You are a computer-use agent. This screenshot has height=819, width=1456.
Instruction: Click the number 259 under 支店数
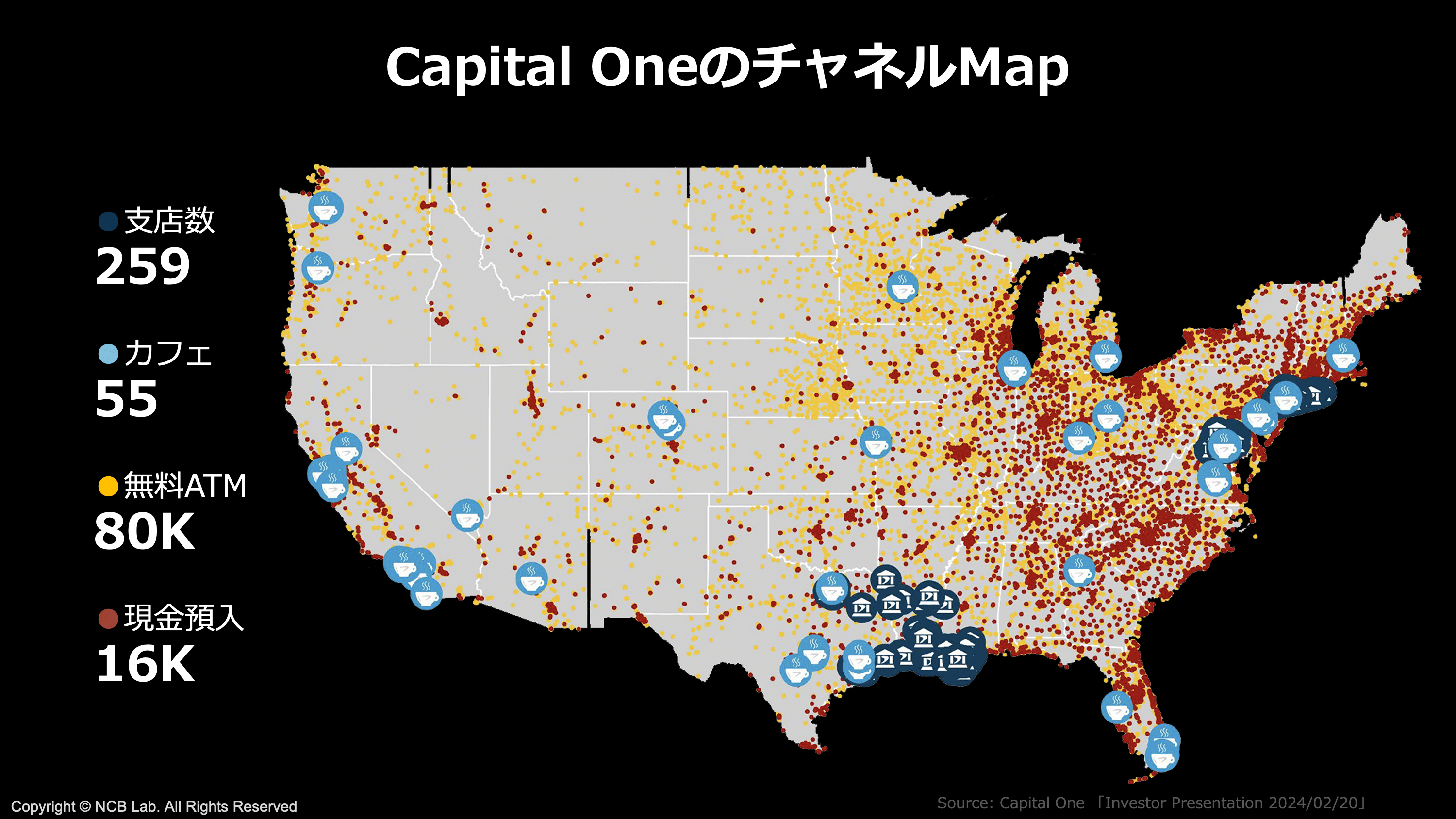[x=142, y=266]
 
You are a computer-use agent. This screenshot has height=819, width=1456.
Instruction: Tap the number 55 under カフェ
[x=126, y=399]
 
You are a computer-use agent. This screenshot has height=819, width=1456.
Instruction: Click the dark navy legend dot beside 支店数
[x=108, y=221]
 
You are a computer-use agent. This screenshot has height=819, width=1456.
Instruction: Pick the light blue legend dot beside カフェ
[x=108, y=354]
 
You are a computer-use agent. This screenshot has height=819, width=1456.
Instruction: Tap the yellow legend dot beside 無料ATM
[x=108, y=486]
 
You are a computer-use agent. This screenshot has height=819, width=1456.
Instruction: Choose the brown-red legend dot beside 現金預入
[x=108, y=618]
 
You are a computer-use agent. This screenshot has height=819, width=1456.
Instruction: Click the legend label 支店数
[x=169, y=220]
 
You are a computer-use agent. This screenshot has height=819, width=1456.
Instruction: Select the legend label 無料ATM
[x=185, y=486]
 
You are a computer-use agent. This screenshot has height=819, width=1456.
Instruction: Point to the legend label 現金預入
[x=183, y=618]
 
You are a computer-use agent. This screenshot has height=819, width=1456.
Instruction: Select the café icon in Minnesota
[x=902, y=286]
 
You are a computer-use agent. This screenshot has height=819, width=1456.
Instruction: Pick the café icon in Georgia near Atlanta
[x=1078, y=570]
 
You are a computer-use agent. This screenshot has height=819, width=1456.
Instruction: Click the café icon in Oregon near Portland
[x=318, y=268]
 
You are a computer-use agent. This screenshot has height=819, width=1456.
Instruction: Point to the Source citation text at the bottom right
[x=1152, y=803]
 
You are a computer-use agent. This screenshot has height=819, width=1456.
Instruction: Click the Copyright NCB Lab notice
[x=154, y=806]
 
